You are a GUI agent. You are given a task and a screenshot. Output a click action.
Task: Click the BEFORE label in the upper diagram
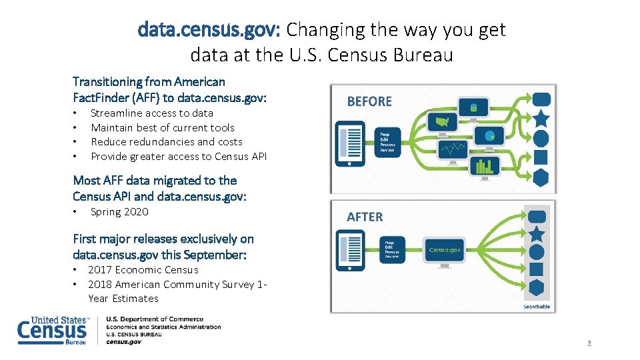(369, 101)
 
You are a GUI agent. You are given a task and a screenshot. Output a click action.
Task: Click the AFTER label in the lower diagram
(365, 217)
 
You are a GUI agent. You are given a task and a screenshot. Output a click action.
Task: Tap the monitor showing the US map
(441, 123)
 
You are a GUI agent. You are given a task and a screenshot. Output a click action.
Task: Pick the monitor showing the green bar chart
(484, 165)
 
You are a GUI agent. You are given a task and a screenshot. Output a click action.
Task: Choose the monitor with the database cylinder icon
(473, 107)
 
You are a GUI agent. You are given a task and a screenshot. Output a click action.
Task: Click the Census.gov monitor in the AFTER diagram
(444, 251)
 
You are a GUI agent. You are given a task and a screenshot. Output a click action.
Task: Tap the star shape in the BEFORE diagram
(541, 119)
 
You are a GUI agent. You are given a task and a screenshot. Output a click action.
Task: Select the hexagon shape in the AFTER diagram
(537, 289)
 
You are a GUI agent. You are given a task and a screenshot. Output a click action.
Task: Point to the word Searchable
(536, 307)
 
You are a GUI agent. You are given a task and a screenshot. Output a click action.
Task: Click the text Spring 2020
(119, 212)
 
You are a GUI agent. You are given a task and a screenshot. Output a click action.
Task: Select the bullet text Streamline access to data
(152, 113)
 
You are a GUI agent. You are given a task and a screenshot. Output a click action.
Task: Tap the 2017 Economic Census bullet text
(143, 270)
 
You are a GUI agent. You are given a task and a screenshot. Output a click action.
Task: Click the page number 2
(589, 343)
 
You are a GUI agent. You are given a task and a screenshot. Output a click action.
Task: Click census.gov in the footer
(124, 342)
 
